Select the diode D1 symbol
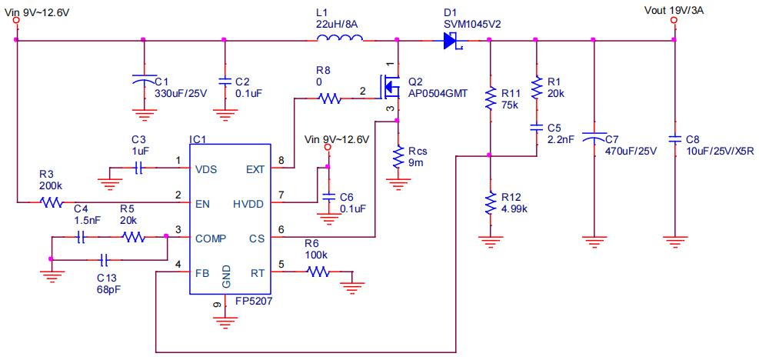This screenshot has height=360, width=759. click(451, 41)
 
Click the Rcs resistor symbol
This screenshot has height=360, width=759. click(397, 157)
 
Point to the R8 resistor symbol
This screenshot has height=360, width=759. click(330, 98)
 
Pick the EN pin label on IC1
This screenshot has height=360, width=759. click(203, 203)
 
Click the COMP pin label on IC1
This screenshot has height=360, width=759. click(211, 238)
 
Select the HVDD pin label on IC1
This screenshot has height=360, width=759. click(248, 203)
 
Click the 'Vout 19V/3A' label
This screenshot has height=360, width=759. click(676, 10)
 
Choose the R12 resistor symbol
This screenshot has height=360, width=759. click(489, 204)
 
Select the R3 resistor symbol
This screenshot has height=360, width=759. click(52, 203)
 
